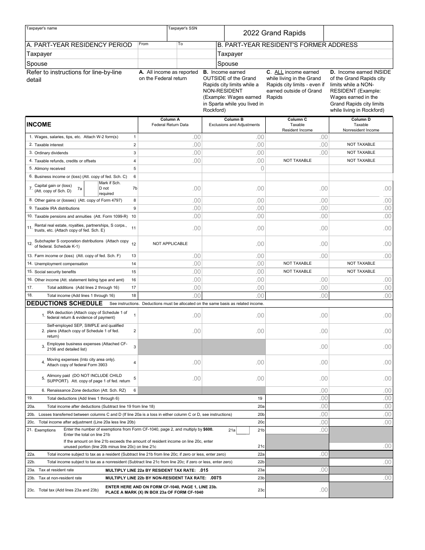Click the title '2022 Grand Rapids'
click(274, 33)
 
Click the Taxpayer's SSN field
click(195, 35)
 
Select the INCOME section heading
click(39, 124)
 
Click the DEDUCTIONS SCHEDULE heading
click(64, 303)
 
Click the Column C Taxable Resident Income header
click(297, 125)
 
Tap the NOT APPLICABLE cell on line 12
click(170, 244)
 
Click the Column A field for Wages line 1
click(170, 137)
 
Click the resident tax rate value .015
click(204, 470)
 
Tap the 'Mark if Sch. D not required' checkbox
click(91, 188)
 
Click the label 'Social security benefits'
click(55, 272)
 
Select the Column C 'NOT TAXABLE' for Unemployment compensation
click(297, 263)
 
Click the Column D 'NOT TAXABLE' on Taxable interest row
click(361, 144)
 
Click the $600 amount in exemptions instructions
click(208, 429)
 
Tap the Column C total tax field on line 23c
click(297, 490)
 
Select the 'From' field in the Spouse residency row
click(157, 63)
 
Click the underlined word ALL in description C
click(278, 72)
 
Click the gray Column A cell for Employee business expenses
click(170, 347)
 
